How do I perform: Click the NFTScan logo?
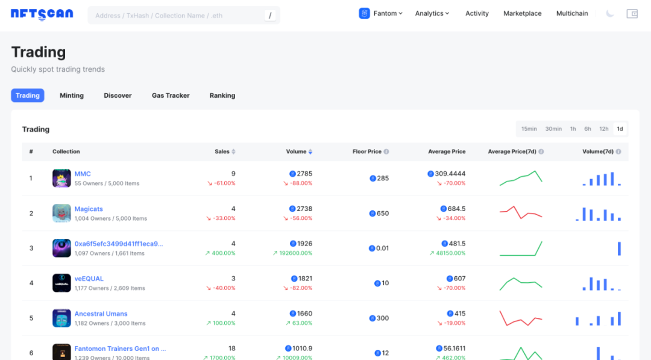tap(42, 14)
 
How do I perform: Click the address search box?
tap(175, 15)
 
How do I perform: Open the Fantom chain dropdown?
tap(381, 13)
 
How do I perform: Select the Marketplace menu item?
tap(522, 13)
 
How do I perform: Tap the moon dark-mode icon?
tap(610, 13)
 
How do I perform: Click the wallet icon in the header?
tap(632, 13)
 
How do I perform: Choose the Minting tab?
tap(72, 95)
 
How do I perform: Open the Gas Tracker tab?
tap(171, 95)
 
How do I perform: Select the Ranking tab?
tap(222, 95)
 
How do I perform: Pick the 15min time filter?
tap(529, 129)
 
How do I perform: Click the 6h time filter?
tap(588, 129)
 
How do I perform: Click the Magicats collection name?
tap(89, 209)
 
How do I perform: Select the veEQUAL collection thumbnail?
tap(61, 283)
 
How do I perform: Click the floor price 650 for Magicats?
tap(382, 213)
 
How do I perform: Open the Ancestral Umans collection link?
tap(101, 314)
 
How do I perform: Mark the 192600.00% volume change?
tap(295, 253)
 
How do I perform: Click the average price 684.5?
tap(456, 209)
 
